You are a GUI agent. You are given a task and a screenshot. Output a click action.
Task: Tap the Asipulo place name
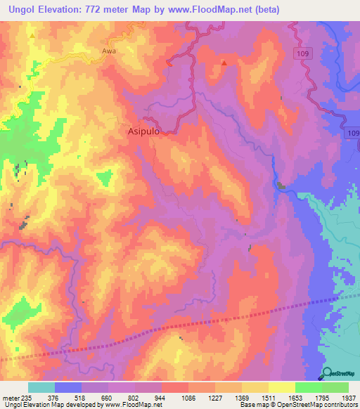click(146, 131)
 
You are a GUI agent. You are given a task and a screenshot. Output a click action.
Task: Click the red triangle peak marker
click(224, 63)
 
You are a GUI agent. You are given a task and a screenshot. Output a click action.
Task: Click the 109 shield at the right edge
click(352, 133)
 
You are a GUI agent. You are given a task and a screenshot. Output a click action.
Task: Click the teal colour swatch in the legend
click(41, 387)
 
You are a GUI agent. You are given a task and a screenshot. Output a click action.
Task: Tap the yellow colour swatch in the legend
click(282, 387)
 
